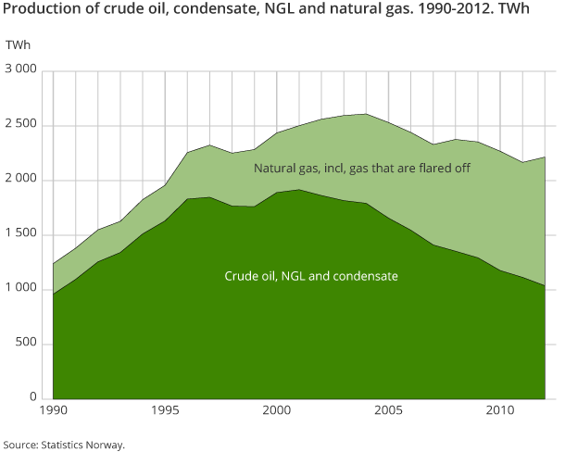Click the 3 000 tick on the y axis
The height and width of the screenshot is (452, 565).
tap(21, 70)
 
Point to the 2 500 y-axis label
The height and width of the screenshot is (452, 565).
tap(21, 125)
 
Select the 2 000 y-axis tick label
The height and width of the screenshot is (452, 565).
tap(21, 180)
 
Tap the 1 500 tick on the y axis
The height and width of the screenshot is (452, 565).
tap(21, 234)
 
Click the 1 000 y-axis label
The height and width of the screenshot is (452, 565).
tap(21, 289)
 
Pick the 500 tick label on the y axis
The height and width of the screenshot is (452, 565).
tap(28, 344)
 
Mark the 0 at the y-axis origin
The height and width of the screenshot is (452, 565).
tap(33, 398)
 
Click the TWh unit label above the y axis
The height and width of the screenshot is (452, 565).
tap(17, 45)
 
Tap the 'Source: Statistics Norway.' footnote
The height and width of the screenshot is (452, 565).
tap(63, 445)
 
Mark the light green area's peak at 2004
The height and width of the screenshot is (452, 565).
tap(365, 114)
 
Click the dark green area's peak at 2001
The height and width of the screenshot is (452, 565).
tap(298, 190)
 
